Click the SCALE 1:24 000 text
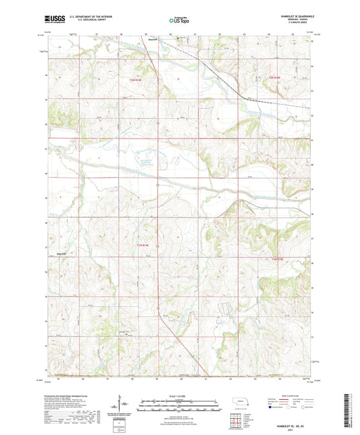tap(179, 396)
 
